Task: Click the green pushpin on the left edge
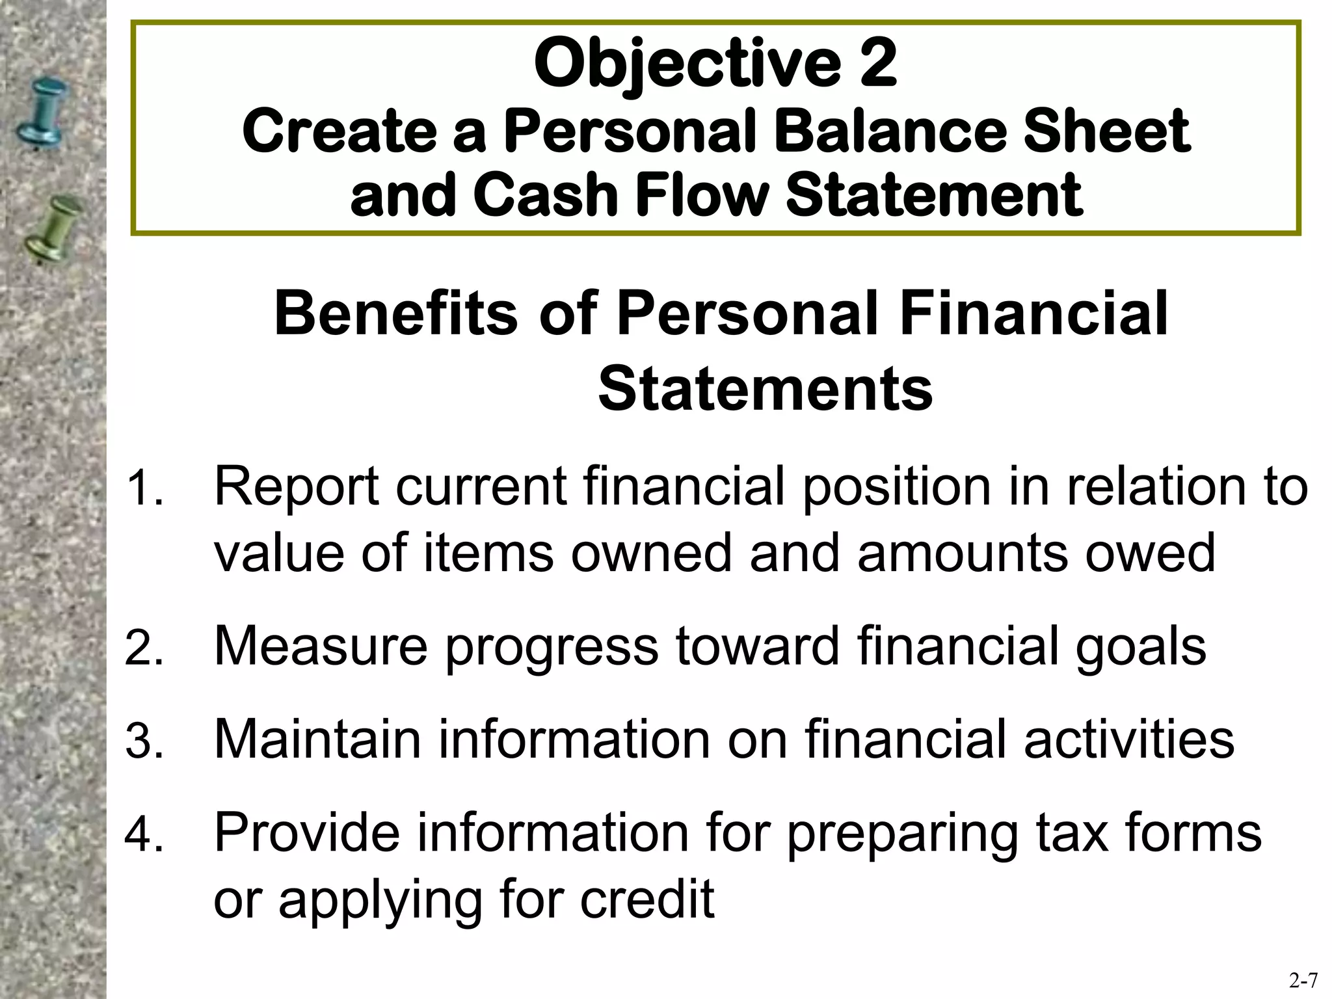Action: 53,228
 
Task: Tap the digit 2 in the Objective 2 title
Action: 878,64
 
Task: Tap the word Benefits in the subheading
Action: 396,313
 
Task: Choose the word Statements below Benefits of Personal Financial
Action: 766,389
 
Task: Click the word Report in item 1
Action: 297,488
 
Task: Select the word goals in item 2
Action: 1141,648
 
